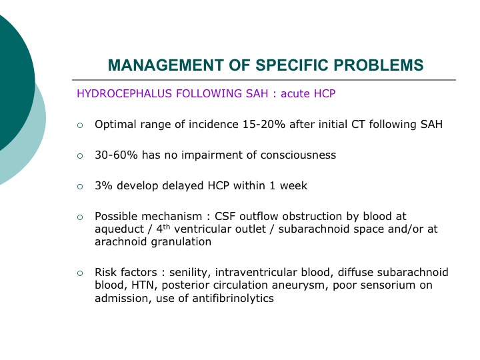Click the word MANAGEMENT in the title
point(165,65)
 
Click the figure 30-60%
point(116,155)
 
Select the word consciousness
point(298,155)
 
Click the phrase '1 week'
point(289,185)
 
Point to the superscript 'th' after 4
point(166,227)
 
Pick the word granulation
point(181,242)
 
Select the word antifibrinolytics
point(233,298)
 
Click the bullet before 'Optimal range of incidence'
point(80,125)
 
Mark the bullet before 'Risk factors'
point(80,273)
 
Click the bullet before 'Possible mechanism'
point(80,217)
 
